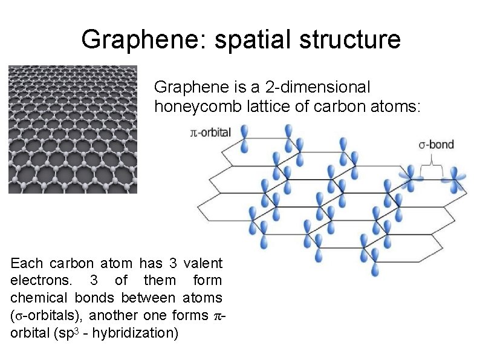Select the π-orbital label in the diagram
211,133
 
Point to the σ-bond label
436,145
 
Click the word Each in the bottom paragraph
27,263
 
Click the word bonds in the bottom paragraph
96,298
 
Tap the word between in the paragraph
149,298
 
